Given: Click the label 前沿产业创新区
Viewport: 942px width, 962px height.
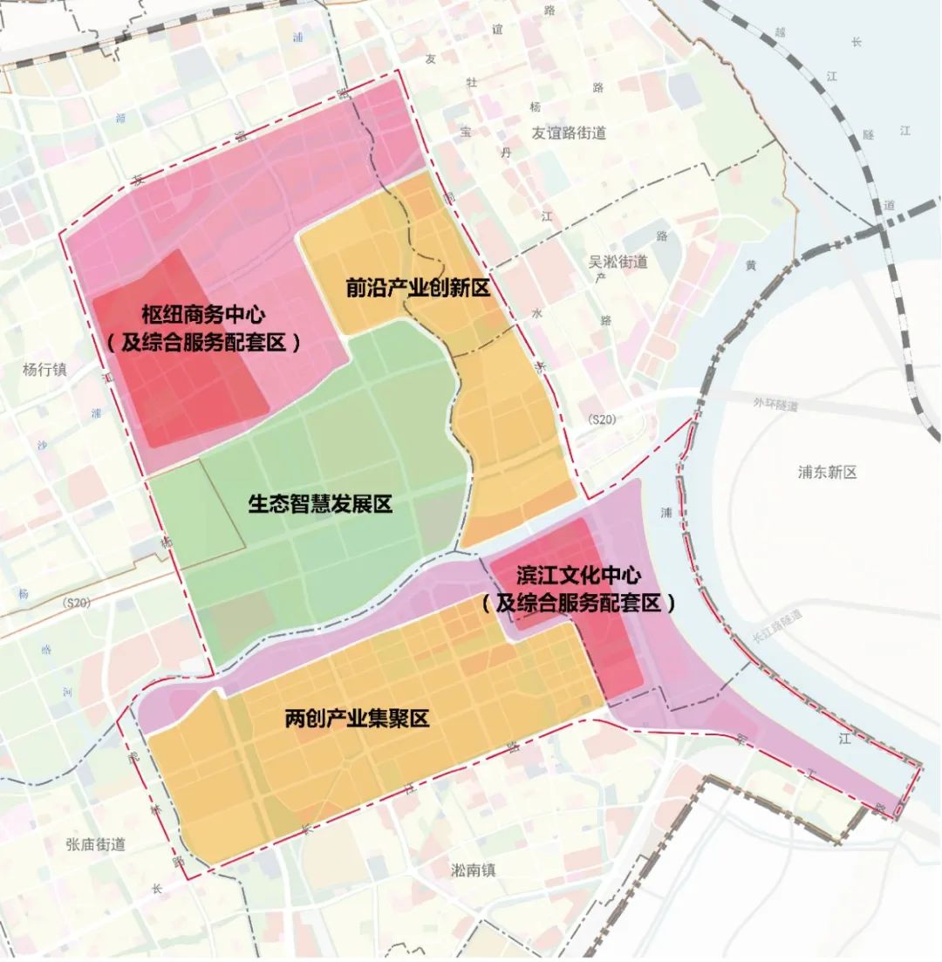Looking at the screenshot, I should point(418,289).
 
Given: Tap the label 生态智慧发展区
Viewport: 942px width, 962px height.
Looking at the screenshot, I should point(320,504).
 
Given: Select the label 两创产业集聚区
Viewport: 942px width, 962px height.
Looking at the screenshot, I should point(358,720).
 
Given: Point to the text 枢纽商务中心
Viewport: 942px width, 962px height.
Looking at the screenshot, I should point(202,314).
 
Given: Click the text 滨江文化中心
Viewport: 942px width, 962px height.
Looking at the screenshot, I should point(578,576).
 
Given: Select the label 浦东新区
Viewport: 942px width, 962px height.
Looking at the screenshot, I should point(827,472).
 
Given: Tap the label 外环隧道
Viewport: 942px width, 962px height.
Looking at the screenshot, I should point(775,405).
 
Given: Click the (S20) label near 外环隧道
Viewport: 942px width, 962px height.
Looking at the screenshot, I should point(602,420).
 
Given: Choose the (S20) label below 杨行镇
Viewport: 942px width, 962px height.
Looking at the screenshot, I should point(77,603).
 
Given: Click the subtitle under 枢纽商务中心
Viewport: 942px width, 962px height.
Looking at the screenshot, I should point(204,343).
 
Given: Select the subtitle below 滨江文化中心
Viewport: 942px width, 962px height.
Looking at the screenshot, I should point(579,603).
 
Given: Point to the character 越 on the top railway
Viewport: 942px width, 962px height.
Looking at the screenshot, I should point(781,32).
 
